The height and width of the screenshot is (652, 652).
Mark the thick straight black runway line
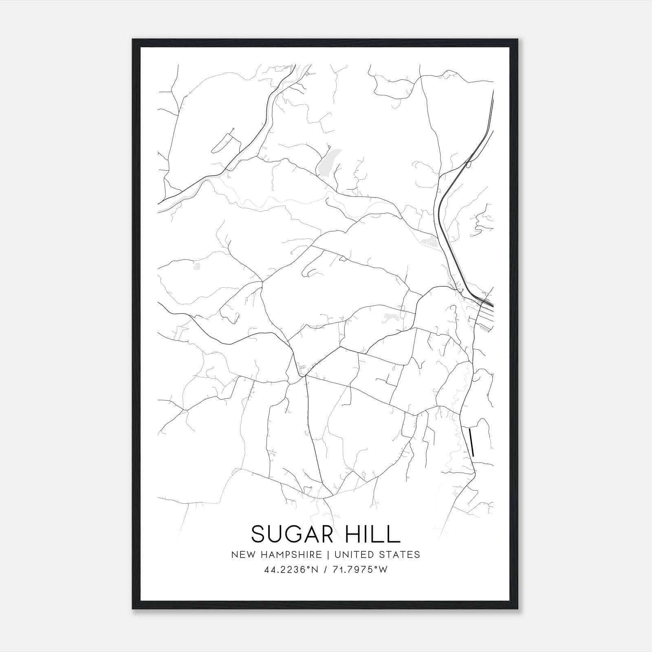[471, 442]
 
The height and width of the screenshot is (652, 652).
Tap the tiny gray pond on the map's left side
[197, 267]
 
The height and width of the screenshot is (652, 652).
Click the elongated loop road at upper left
[223, 141]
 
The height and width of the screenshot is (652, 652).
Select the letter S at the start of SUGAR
[258, 534]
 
